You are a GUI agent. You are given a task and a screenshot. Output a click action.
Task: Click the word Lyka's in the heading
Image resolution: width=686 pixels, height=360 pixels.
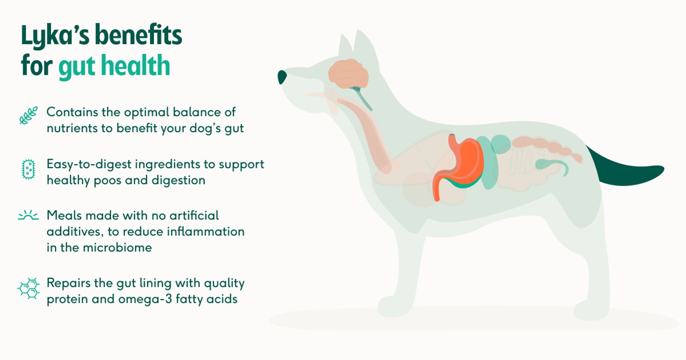[55, 36]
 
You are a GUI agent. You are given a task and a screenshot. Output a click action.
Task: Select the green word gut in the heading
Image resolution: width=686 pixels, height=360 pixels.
[76, 67]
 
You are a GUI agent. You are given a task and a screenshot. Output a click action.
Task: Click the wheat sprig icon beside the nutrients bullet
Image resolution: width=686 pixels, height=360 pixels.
[28, 115]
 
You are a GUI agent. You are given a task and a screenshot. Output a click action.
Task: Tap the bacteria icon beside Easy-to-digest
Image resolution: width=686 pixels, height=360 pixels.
[28, 169]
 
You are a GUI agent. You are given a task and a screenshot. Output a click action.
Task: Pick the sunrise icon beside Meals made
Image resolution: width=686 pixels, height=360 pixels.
[28, 215]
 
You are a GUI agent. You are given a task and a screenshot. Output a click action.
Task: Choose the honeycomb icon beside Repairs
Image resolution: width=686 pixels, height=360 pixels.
[28, 288]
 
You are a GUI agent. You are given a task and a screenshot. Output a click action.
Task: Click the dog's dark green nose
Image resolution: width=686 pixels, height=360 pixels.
[282, 77]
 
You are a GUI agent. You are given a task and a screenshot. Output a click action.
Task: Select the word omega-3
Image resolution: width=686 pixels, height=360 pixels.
[145, 299]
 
